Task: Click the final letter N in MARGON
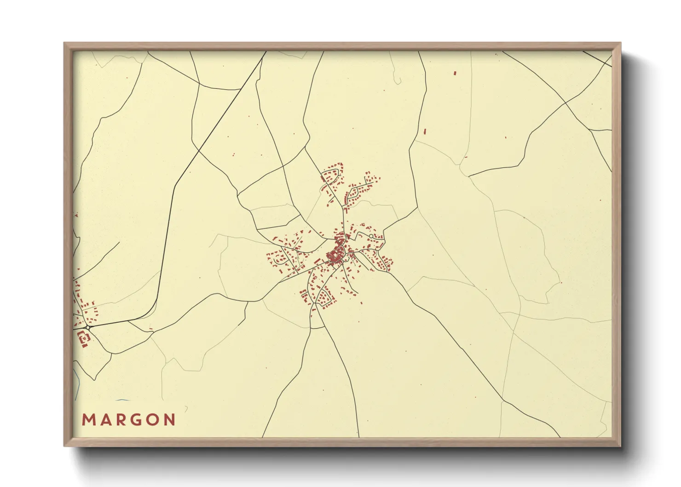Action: [170, 420]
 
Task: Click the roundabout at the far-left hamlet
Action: [87, 327]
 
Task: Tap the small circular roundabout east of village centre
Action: [371, 236]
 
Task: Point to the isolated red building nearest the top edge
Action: [455, 73]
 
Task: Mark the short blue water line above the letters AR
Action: [121, 400]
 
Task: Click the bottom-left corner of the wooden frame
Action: [65, 446]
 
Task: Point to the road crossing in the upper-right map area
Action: [565, 103]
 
